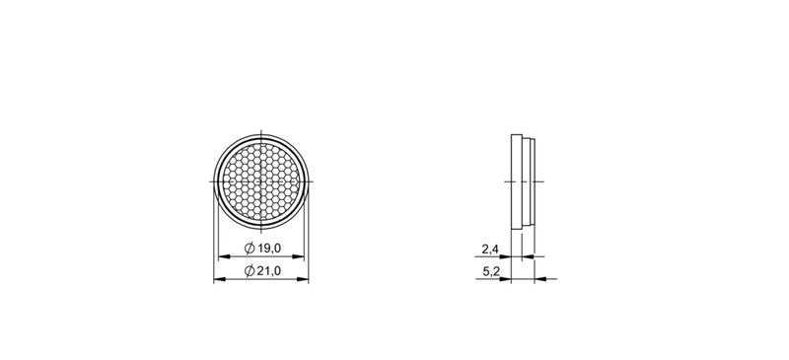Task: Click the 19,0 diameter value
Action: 269,249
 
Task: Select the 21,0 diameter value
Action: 269,271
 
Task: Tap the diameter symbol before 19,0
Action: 250,249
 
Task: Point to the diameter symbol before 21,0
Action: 250,271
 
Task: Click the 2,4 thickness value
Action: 490,249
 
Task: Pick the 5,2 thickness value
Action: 490,272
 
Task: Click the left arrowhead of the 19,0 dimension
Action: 224,256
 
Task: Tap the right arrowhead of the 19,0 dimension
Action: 299,256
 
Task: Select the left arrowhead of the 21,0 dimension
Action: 219,279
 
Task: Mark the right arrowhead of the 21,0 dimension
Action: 303,279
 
